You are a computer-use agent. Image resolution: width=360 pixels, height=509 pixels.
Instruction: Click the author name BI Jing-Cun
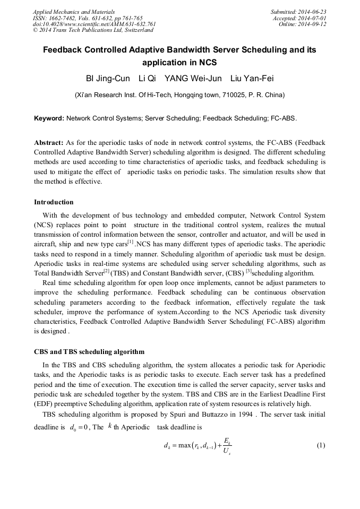108,79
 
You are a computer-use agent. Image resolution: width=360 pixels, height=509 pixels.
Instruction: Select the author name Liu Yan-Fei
252,79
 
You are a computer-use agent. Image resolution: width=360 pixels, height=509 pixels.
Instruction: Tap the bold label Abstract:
49,143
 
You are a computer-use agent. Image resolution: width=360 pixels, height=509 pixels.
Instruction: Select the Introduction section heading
54,202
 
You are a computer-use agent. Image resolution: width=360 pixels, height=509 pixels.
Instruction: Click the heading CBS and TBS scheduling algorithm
89,352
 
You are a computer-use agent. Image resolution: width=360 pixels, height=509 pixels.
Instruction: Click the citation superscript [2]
106,271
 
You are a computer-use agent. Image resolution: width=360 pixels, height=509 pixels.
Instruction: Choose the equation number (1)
320,445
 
